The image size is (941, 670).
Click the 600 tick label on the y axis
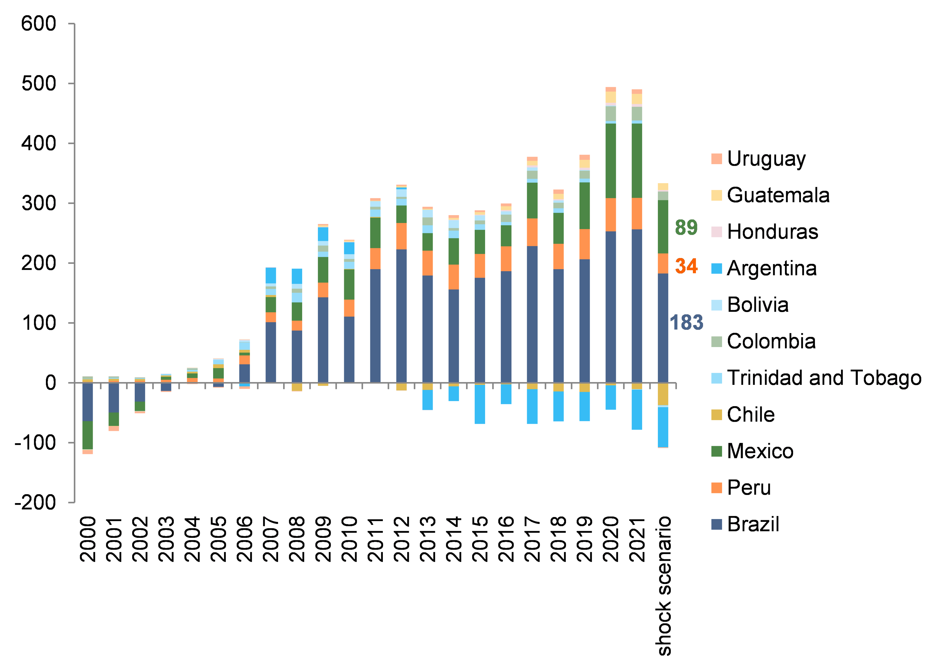[38, 24]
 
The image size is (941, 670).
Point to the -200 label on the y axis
[35, 502]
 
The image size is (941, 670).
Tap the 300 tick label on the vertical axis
[38, 203]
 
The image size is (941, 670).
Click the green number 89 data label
[686, 227]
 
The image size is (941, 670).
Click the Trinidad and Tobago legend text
[823, 378]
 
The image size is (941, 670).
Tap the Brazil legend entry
[753, 524]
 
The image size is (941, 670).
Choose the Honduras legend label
[772, 232]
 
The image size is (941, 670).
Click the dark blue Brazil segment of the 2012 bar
[401, 316]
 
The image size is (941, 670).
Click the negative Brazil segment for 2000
[87, 402]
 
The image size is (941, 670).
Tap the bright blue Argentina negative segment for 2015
[479, 404]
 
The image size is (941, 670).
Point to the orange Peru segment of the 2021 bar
[637, 214]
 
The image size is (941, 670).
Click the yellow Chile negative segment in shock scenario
[663, 394]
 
